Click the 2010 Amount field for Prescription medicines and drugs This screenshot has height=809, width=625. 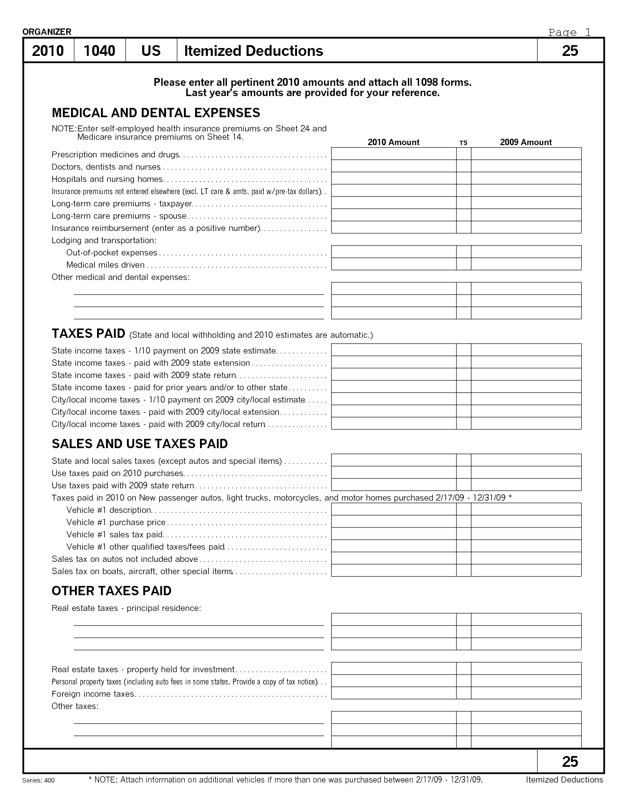394,154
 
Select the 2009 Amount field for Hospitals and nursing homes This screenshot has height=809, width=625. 526,178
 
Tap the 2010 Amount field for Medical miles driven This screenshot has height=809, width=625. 394,264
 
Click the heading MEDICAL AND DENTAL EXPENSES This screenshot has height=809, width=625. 156,113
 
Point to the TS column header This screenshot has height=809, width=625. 463,143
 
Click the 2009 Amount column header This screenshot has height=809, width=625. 525,142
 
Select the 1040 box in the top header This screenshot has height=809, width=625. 100,51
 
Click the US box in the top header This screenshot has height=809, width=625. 151,51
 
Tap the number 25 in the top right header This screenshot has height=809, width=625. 570,51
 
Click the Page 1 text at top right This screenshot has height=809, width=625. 570,32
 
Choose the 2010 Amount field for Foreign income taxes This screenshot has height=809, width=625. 394,693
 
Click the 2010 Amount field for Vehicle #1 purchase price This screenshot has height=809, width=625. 394,522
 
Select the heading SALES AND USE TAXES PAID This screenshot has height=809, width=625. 140,444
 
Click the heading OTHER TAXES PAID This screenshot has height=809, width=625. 111,591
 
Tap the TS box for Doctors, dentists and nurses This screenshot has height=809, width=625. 464,166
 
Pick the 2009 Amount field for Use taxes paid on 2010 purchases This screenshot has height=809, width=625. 526,473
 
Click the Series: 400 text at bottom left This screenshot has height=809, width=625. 39,781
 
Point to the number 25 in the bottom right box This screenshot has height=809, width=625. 570,761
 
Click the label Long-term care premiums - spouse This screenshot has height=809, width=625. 119,216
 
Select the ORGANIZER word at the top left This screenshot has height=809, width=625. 47,32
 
